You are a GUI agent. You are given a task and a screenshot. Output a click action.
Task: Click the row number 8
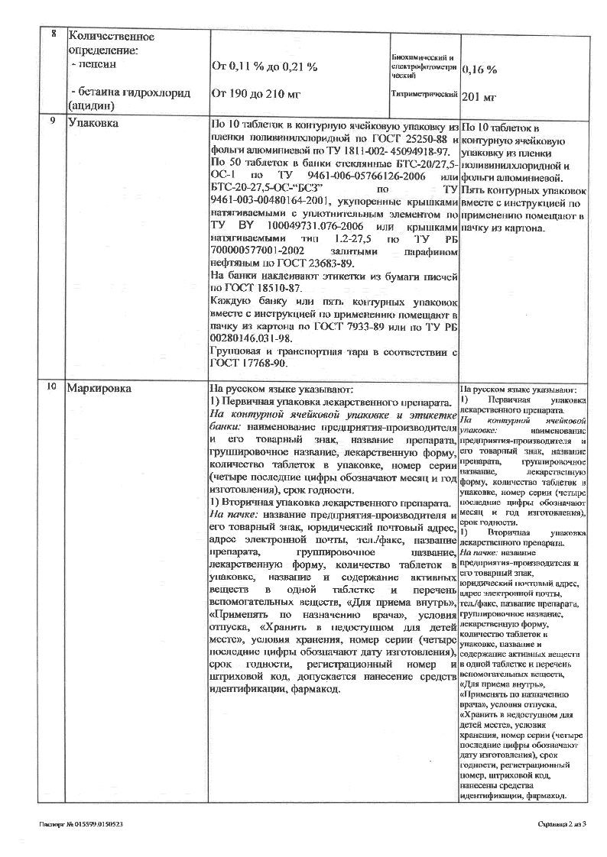point(53,35)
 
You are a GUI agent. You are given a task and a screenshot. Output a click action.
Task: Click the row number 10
point(51,387)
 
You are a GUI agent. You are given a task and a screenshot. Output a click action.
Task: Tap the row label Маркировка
point(99,388)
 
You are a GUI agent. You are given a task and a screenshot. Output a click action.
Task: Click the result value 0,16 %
point(479,70)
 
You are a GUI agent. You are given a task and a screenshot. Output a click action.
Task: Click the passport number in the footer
point(81,824)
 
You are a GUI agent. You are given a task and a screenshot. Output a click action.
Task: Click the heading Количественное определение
point(112,43)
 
